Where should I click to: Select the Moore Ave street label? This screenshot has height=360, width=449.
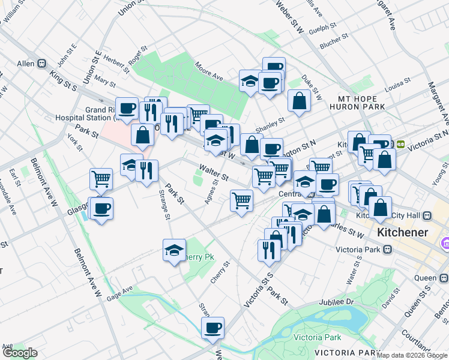(x=209, y=73)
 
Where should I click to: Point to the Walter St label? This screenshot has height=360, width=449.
(x=214, y=173)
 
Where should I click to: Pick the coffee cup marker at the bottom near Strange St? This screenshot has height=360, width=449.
(x=212, y=328)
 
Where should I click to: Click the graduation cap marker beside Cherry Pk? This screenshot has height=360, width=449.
(x=174, y=250)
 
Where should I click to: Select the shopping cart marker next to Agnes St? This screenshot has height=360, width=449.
(x=241, y=200)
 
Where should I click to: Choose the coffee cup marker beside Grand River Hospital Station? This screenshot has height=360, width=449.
(x=127, y=109)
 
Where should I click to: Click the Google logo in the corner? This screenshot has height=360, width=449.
(x=20, y=353)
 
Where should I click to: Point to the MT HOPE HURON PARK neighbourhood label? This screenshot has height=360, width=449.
(x=357, y=103)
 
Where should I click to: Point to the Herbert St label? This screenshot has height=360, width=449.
(x=116, y=62)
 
